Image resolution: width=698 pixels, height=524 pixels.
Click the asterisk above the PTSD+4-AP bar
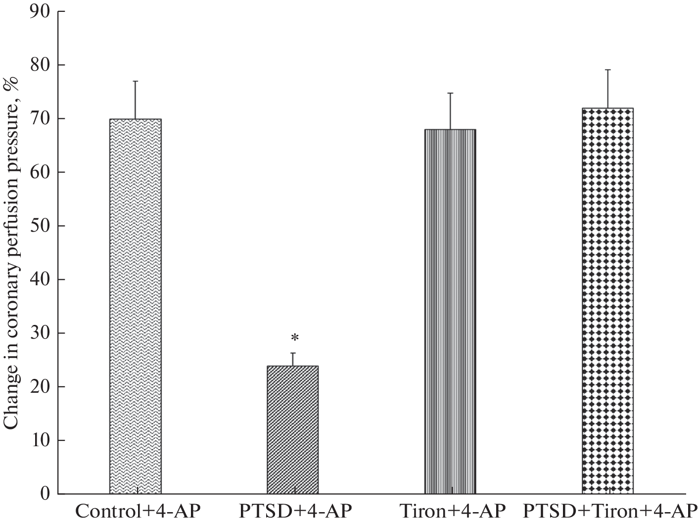(x=295, y=338)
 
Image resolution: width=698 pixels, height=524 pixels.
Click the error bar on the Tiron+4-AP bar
(x=450, y=111)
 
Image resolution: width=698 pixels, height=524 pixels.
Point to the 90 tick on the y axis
(x=41, y=11)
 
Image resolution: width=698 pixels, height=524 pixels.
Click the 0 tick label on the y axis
(x=46, y=494)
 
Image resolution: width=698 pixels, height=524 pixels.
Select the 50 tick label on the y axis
(x=41, y=226)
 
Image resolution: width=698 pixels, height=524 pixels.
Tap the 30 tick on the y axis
(x=41, y=333)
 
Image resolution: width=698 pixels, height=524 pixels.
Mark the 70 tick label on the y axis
(x=41, y=119)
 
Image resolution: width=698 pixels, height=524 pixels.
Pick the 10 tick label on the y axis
(x=41, y=440)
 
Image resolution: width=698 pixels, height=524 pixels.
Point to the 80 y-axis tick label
(x=41, y=65)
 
